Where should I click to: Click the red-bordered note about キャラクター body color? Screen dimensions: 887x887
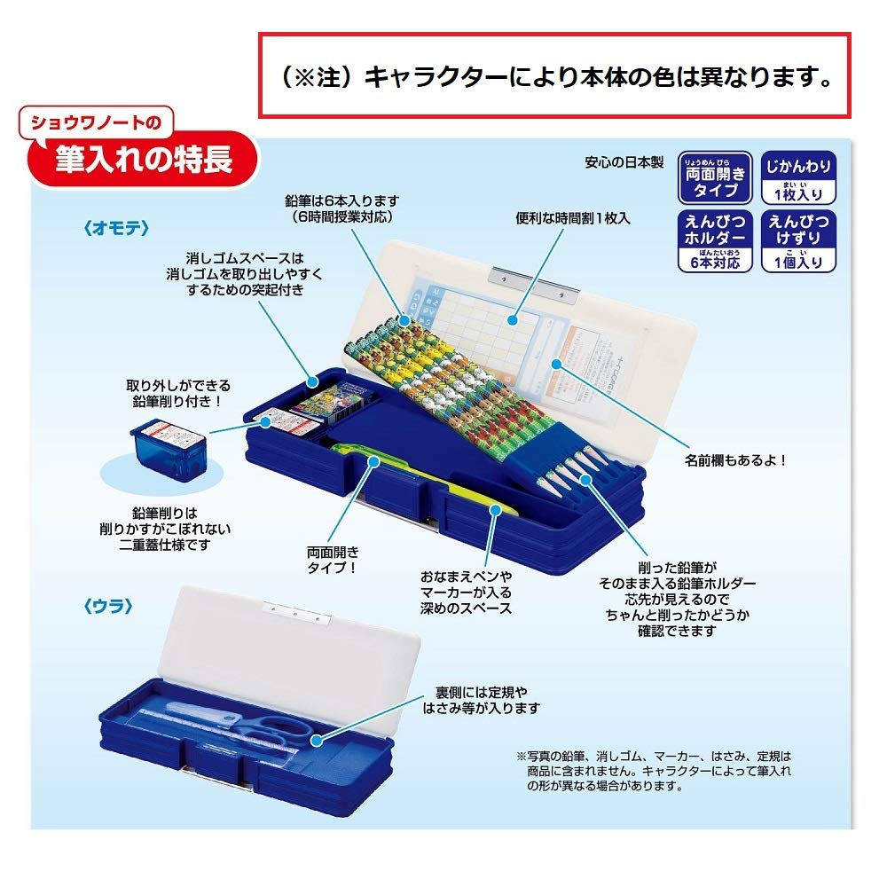click(554, 76)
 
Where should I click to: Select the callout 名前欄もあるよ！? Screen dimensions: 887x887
click(735, 461)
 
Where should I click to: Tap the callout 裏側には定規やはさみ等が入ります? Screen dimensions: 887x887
click(487, 699)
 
